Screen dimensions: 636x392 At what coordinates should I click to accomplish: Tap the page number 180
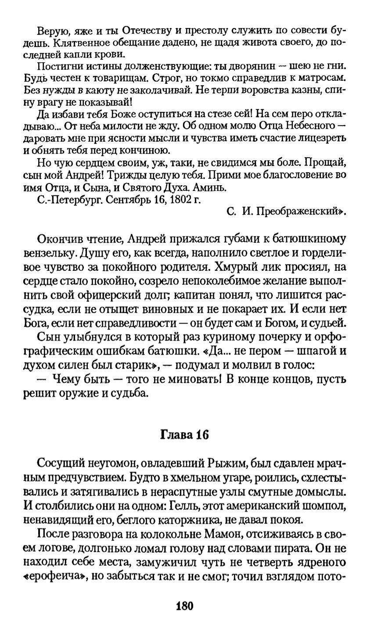coord(184,606)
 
